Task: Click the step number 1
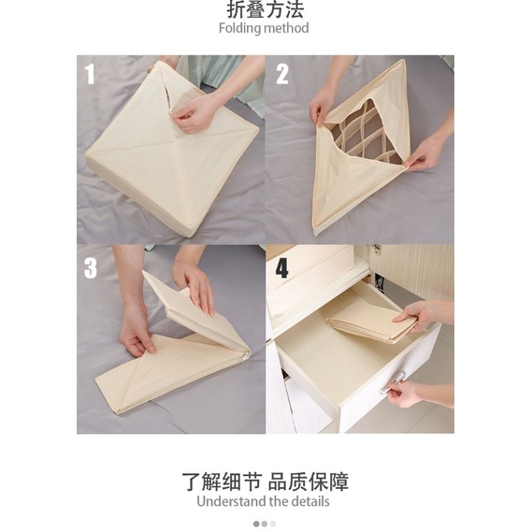90,74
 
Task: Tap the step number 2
282,74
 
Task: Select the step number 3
91,268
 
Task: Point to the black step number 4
282,268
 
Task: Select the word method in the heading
287,28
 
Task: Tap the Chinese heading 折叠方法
265,9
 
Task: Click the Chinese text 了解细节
222,482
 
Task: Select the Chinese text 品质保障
309,482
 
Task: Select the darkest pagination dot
256,524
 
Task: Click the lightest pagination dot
273,524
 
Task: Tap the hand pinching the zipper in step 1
194,112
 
